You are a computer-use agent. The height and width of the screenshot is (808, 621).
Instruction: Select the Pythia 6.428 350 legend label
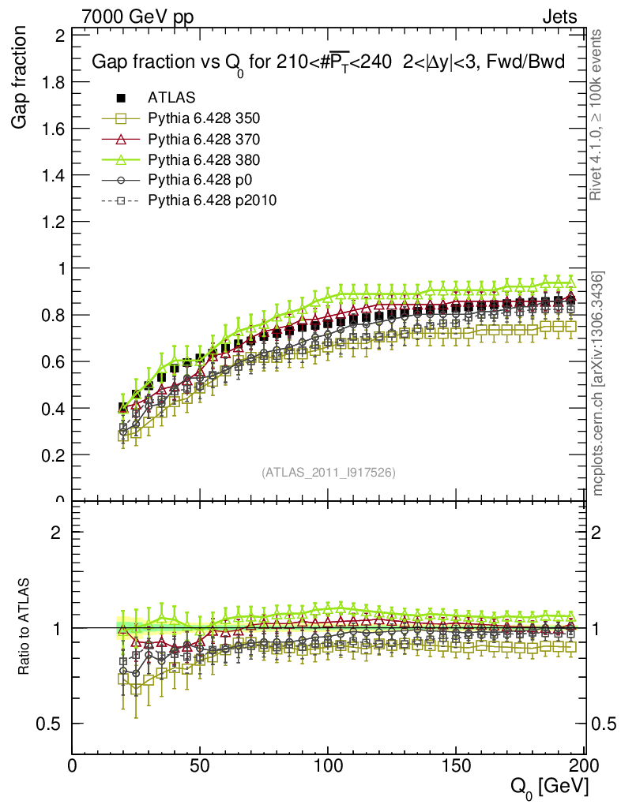click(x=204, y=118)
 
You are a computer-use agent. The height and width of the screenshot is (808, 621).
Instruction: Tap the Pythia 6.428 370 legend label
click(x=204, y=139)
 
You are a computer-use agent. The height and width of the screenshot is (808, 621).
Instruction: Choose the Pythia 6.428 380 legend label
click(x=204, y=159)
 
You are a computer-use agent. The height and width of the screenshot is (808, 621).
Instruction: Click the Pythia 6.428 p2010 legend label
click(x=213, y=200)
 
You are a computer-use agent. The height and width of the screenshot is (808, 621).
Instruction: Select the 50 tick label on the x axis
click(x=200, y=765)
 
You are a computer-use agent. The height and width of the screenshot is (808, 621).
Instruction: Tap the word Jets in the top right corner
click(x=559, y=17)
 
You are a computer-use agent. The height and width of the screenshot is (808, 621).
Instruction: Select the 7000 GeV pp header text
click(x=137, y=17)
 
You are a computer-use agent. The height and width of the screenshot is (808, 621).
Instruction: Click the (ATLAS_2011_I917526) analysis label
click(x=328, y=472)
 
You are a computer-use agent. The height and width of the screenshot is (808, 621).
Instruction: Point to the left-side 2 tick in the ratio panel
click(x=57, y=532)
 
